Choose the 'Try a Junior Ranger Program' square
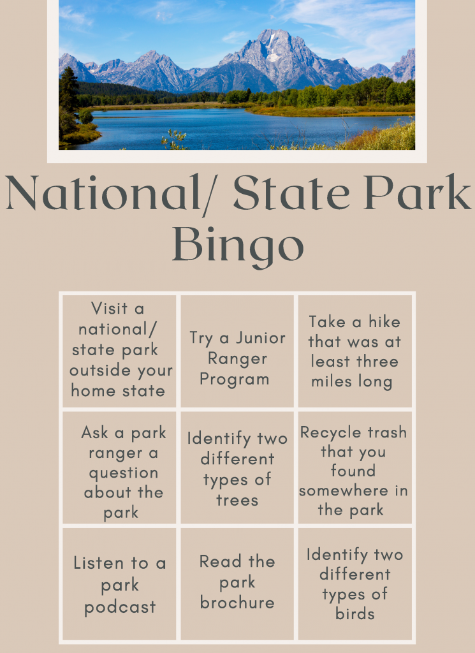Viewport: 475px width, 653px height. (237, 351)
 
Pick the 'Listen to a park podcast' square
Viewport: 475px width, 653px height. (119, 584)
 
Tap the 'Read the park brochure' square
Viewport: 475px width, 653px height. (237, 584)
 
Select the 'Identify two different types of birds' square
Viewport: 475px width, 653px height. (355, 584)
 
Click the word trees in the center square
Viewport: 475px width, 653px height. (237, 501)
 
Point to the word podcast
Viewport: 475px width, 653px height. (120, 608)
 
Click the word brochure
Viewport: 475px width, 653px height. (237, 603)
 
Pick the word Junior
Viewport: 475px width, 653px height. (260, 338)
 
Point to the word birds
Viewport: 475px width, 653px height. (355, 614)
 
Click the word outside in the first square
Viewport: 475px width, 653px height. (98, 371)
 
